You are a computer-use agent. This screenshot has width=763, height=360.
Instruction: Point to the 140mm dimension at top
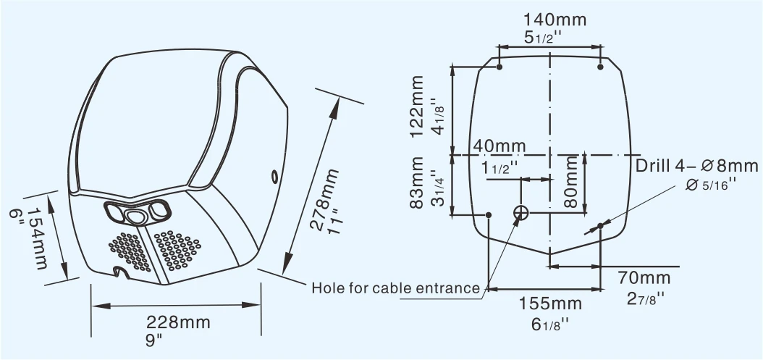[555, 20]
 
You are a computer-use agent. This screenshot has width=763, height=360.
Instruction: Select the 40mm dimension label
[499, 146]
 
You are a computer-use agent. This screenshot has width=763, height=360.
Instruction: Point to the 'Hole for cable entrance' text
[396, 288]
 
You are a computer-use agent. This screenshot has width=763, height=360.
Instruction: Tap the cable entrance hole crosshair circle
[521, 213]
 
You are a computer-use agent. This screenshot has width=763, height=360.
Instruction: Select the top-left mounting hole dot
[499, 67]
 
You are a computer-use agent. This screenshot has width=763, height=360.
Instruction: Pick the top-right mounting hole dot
[600, 67]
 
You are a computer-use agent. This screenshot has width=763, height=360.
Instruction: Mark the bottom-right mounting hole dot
[600, 227]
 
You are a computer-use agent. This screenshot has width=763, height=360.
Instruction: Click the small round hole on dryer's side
[275, 176]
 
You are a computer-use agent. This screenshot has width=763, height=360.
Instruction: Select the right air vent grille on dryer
[177, 250]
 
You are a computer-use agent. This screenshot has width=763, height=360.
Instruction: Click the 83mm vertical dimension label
[416, 183]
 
